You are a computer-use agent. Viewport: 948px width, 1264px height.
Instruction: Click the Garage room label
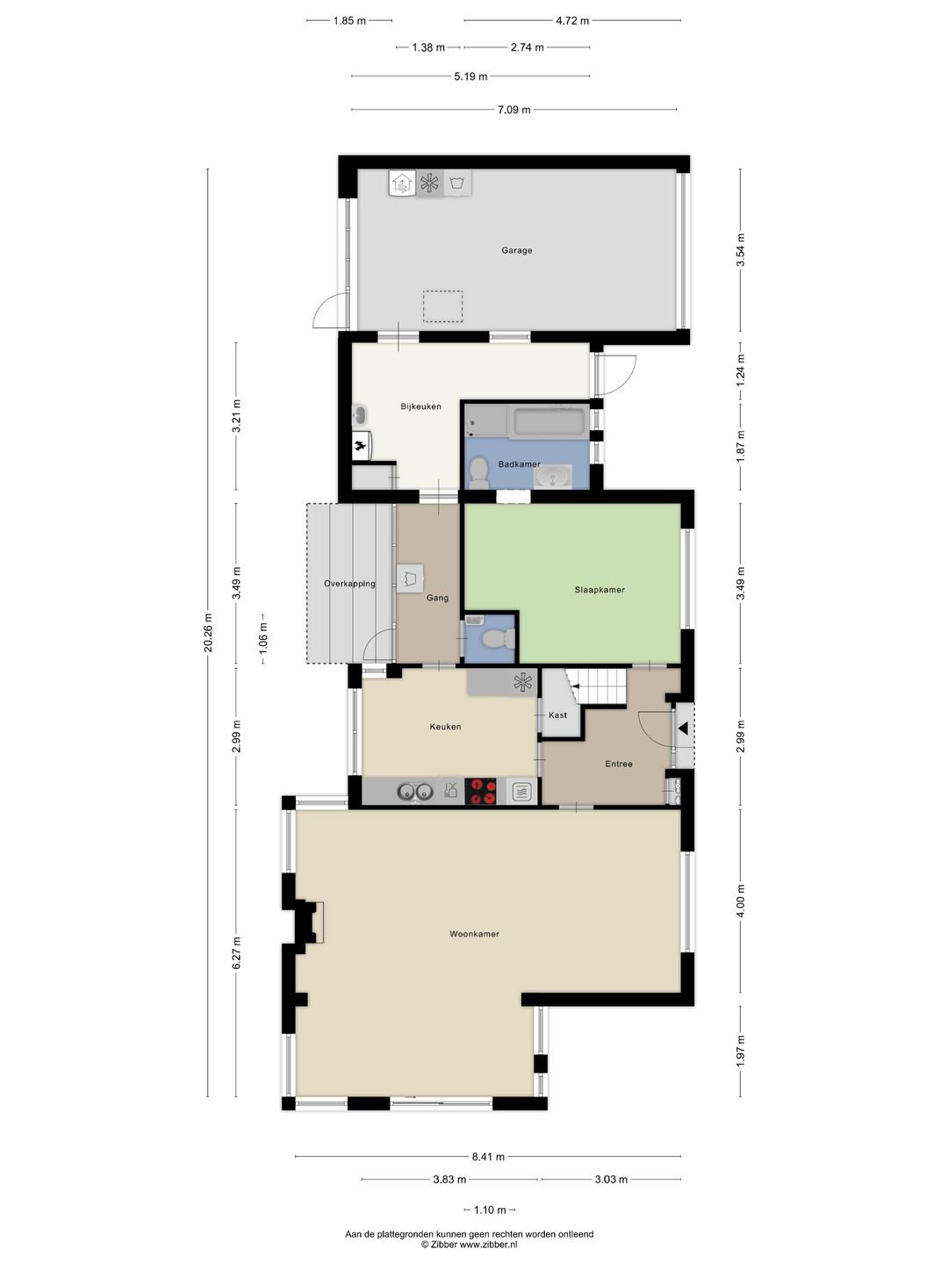coord(516,250)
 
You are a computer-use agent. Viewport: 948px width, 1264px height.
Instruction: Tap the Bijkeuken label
coord(420,406)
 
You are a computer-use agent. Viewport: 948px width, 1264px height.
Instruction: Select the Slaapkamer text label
coord(600,590)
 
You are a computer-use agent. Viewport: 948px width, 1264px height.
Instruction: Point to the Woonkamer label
coord(474,934)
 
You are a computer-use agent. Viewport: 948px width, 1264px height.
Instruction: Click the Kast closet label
coord(557,715)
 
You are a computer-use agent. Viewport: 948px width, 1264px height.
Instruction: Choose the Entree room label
coord(619,764)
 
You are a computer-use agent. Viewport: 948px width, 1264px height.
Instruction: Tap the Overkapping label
coord(349,584)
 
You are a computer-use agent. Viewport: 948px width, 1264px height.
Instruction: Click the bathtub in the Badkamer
coord(549,422)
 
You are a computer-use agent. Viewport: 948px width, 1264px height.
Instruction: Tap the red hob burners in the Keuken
coord(480,791)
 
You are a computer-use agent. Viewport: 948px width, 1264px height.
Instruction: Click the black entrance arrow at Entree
coord(683,728)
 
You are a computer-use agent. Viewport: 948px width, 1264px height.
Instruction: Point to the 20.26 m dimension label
coord(208,632)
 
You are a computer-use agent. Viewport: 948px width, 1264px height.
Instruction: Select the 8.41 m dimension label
coord(488,1157)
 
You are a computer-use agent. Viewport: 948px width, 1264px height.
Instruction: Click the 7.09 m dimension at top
coord(513,110)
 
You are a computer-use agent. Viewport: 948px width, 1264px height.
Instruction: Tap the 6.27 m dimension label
coord(236,953)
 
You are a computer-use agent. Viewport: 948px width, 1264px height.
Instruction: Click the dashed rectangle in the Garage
coord(442,306)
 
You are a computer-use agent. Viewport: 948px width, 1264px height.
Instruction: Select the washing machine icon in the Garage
coord(456,183)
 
